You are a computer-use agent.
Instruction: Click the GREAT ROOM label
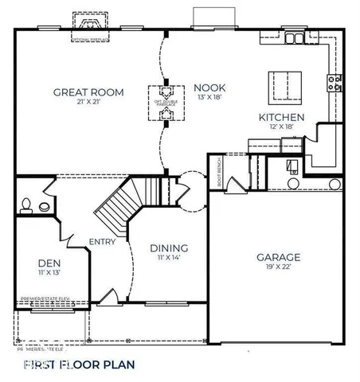pyautogui.click(x=88, y=92)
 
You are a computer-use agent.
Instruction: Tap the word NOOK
pyautogui.click(x=210, y=88)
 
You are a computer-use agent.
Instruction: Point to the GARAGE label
pyautogui.click(x=278, y=257)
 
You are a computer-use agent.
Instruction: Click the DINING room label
pyautogui.click(x=169, y=248)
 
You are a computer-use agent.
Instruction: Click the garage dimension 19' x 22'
pyautogui.click(x=278, y=268)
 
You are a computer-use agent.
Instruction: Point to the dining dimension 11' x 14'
pyautogui.click(x=169, y=258)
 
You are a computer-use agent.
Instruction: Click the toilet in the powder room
pyautogui.click(x=26, y=205)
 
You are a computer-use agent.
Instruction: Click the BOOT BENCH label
pyautogui.click(x=219, y=172)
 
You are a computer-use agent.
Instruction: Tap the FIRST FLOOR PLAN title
pyautogui.click(x=79, y=364)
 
